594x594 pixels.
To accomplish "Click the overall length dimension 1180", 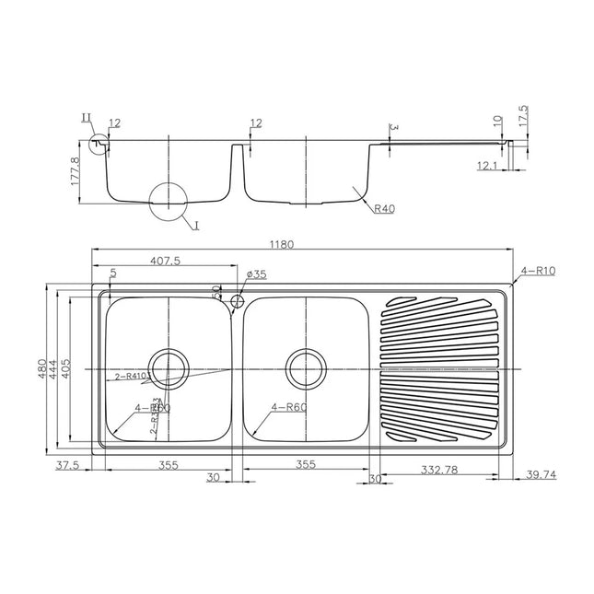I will pos(281,245).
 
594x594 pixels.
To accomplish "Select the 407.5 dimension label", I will pos(164,261).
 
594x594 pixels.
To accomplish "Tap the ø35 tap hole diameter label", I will pos(257,274).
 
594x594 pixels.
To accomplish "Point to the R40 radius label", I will pos(384,209).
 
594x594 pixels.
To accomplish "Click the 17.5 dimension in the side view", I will pos(523,116).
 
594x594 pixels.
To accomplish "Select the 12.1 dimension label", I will pos(487,166).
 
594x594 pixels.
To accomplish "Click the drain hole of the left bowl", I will pos(169,368).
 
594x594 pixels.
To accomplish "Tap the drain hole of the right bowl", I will pos(306,368).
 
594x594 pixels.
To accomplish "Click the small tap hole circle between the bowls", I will pos(237,300).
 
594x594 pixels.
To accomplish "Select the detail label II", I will pos(87,117).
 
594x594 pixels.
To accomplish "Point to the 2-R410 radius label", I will pos(133,377).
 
